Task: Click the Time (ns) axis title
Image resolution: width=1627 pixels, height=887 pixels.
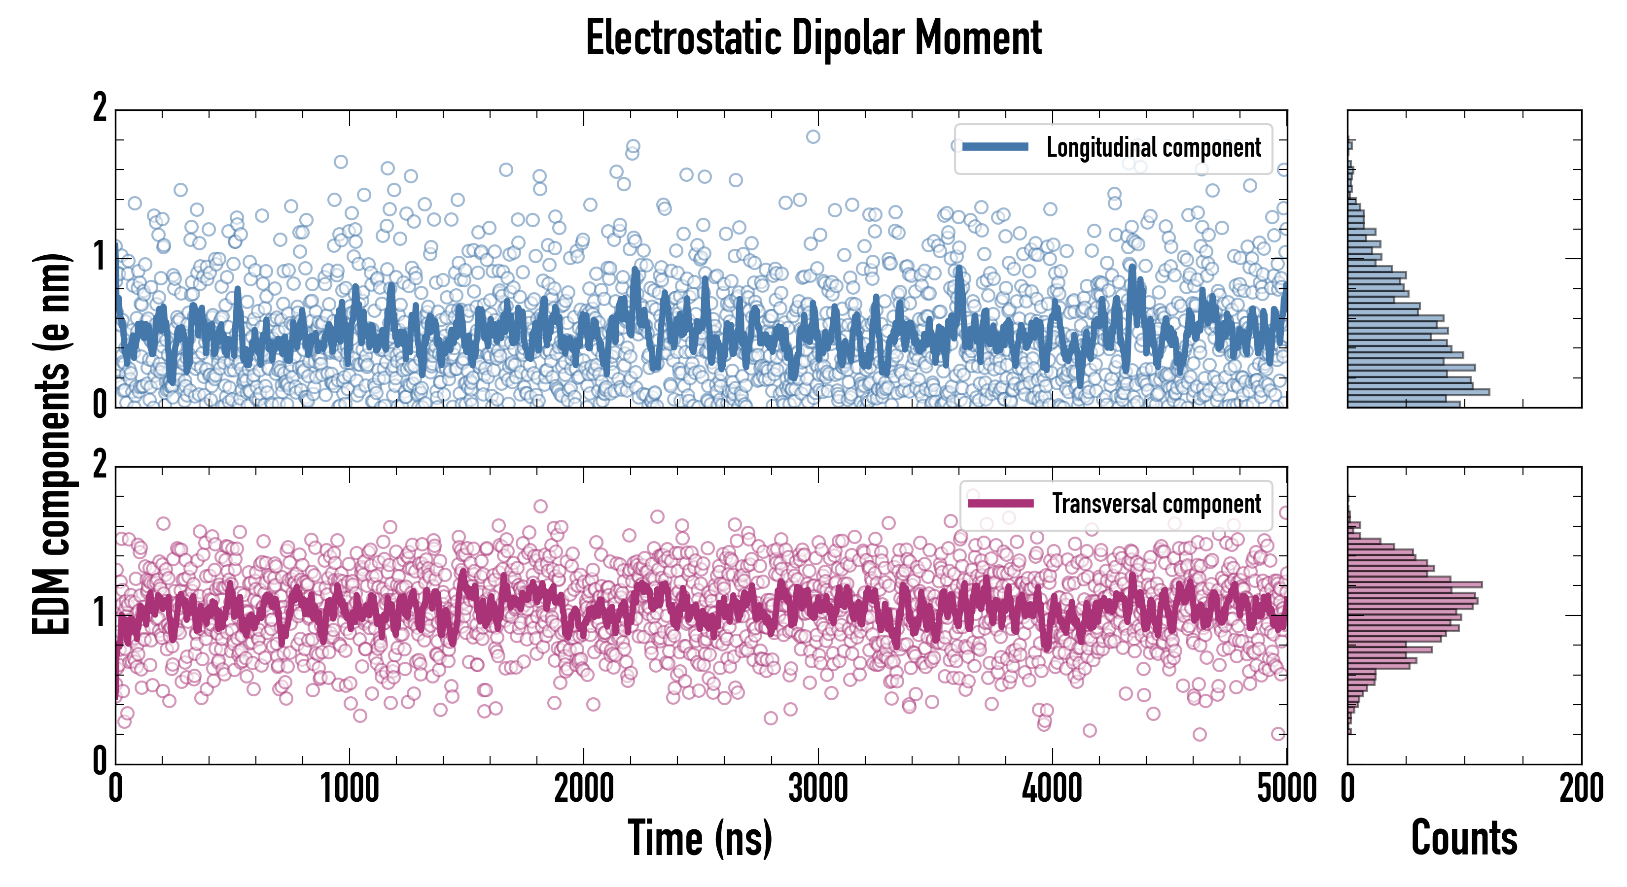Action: (700, 838)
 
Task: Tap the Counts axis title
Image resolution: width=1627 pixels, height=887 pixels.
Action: (1464, 838)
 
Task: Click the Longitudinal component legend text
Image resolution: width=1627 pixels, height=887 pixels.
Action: (1153, 148)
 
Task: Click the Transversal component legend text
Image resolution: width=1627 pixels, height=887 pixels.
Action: (1157, 504)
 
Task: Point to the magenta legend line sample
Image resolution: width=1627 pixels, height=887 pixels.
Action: (1000, 503)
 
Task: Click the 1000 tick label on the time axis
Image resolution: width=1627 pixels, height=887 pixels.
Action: (349, 789)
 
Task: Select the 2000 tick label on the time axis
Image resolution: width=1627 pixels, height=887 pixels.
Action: (584, 789)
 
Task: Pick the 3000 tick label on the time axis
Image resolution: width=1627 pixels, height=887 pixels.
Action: (818, 789)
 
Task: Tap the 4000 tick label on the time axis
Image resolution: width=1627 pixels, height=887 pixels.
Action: (1052, 789)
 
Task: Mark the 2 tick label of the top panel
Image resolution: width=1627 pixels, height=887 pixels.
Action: (100, 108)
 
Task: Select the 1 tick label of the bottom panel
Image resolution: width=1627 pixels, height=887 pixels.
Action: (100, 613)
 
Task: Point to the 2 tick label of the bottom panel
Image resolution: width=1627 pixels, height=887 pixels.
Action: (100, 465)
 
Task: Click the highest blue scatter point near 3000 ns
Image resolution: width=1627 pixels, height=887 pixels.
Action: (813, 136)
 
